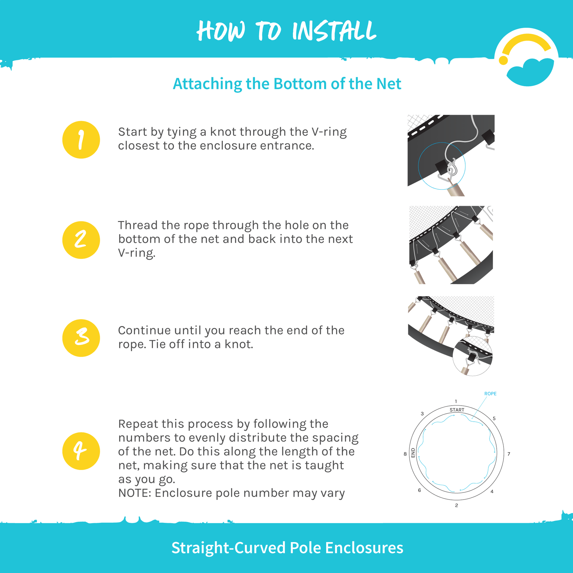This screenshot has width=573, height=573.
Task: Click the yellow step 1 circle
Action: [x=81, y=140]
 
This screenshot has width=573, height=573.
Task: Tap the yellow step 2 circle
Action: [x=81, y=240]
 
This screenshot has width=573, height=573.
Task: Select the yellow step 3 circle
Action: [x=81, y=338]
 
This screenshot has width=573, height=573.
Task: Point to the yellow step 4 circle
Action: [x=81, y=451]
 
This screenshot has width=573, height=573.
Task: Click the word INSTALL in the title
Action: [x=334, y=31]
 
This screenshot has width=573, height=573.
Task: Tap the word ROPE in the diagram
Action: [x=490, y=394]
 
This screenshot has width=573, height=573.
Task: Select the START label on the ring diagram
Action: [x=457, y=410]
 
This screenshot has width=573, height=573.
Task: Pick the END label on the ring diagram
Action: [x=413, y=453]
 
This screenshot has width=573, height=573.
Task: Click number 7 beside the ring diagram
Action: [x=509, y=454]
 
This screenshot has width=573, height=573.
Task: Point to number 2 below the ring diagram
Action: [x=456, y=505]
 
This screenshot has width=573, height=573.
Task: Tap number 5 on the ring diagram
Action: [x=494, y=418]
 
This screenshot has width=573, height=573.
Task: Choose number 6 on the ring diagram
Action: [x=419, y=490]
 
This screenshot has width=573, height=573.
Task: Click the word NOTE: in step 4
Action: [x=135, y=493]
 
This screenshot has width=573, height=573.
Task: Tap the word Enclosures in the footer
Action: [x=364, y=548]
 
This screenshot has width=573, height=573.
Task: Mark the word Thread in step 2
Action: [x=138, y=225]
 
